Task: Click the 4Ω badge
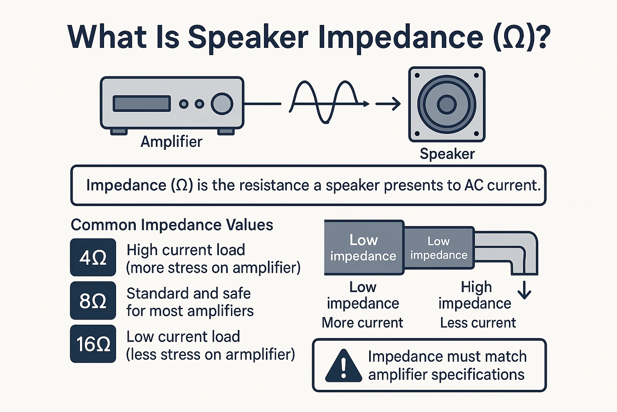(x=93, y=257)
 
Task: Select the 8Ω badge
(x=93, y=301)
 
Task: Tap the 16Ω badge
(x=93, y=344)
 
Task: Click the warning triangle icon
(x=343, y=366)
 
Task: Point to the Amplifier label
(x=172, y=142)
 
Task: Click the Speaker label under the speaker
(x=447, y=154)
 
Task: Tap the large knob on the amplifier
(x=222, y=104)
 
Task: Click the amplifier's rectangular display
(x=141, y=104)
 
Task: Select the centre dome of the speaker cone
(x=447, y=104)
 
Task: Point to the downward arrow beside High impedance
(x=525, y=290)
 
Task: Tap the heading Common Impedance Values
(x=172, y=225)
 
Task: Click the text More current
(x=362, y=323)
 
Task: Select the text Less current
(x=478, y=323)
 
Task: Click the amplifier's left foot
(x=119, y=132)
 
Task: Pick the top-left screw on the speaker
(x=417, y=75)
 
